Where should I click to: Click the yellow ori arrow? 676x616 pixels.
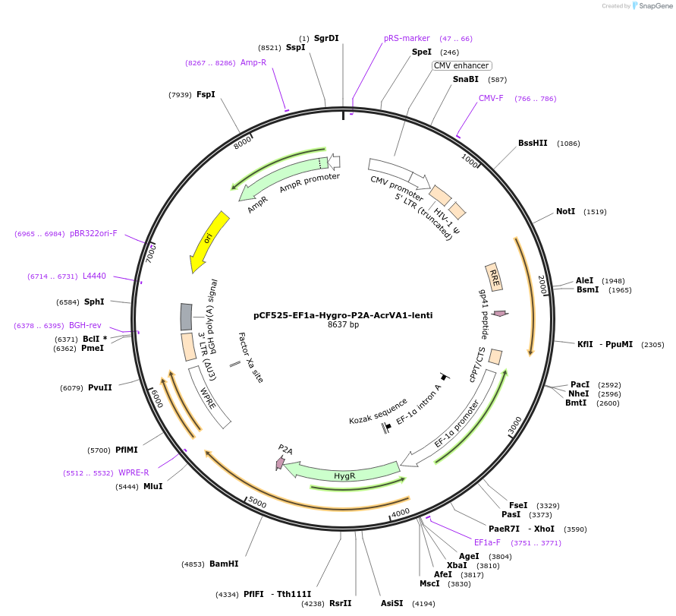click(209, 242)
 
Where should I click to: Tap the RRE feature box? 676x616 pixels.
click(494, 277)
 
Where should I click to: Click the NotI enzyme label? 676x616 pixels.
click(566, 212)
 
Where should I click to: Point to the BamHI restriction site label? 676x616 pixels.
click(224, 564)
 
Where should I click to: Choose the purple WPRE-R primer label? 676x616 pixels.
click(134, 472)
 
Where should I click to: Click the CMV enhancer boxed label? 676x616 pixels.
click(461, 65)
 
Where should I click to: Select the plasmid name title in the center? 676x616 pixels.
click(343, 314)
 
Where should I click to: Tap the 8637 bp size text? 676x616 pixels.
click(343, 325)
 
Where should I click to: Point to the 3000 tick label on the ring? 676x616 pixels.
click(514, 427)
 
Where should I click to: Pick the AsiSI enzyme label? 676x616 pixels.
click(394, 604)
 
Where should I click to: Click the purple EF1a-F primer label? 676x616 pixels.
click(487, 542)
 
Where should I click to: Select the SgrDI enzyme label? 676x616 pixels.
click(326, 38)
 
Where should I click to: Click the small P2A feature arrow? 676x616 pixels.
click(281, 461)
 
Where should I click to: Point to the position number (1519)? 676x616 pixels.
click(595, 212)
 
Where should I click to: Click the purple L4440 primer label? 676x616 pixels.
click(94, 276)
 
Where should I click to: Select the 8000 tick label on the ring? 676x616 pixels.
click(243, 141)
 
